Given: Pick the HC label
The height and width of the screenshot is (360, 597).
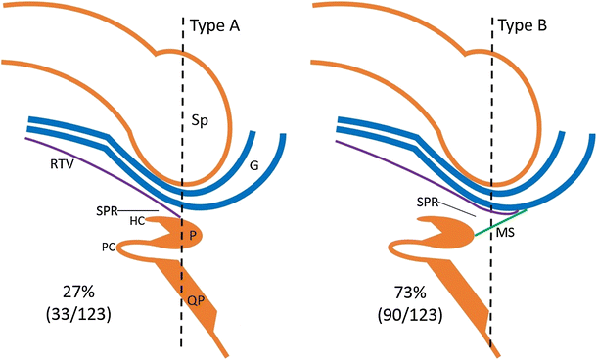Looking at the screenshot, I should click(138, 223).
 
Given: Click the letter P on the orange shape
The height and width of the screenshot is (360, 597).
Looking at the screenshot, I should click(194, 236).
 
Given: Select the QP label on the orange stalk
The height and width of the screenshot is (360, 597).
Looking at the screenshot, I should click(196, 302).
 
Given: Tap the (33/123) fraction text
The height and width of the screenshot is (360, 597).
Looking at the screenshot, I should click(66, 316).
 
